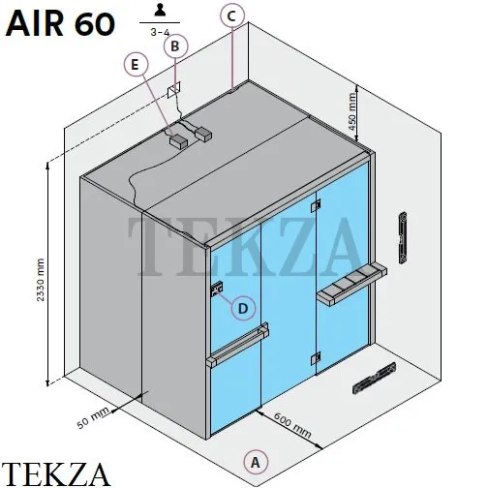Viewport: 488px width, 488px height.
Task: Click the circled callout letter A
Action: coord(256,462)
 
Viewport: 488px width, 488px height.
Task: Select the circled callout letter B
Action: coord(175,46)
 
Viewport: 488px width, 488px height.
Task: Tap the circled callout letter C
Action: coord(232,15)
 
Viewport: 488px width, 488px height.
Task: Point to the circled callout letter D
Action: coord(243,308)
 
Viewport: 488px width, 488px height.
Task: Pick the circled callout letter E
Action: coord(136,65)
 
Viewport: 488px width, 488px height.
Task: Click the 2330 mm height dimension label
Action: coord(41,280)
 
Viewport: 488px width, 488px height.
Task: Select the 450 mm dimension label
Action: coord(352,111)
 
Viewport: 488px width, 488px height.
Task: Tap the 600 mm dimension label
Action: coord(292,425)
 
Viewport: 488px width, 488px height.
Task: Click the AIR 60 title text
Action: coord(60,24)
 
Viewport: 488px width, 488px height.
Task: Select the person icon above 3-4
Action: coord(160,11)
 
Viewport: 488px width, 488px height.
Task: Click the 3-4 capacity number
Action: coord(160,32)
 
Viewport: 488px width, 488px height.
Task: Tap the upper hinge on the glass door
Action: coord(316,205)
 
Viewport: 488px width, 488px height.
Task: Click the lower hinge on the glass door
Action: coord(316,358)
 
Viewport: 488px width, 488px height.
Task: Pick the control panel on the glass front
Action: coord(217,289)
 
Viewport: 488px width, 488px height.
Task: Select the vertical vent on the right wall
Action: coord(403,238)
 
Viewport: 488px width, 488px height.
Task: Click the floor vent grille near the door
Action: coord(375,378)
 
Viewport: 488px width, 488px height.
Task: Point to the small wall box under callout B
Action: coord(173,89)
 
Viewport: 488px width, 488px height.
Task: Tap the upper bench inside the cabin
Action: coord(352,284)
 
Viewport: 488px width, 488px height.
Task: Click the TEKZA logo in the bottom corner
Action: coord(55,473)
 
